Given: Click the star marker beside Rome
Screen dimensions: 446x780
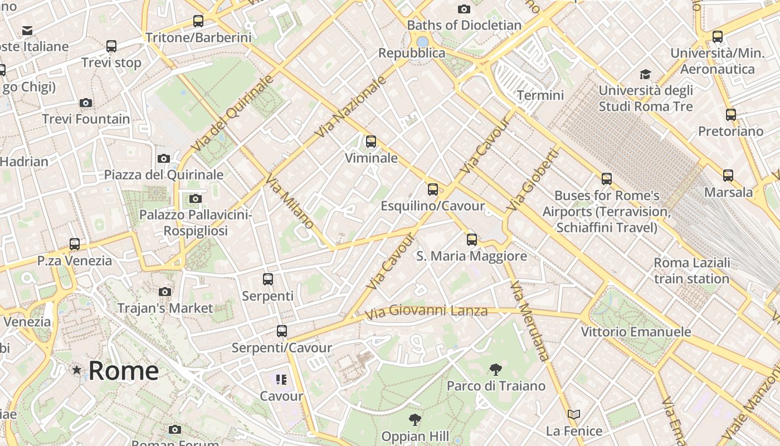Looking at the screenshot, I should [x=77, y=370].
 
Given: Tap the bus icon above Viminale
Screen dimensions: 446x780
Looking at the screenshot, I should [x=371, y=142].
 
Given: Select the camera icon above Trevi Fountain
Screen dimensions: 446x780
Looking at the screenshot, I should [x=85, y=103].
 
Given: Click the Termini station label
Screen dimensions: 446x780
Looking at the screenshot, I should [x=540, y=95].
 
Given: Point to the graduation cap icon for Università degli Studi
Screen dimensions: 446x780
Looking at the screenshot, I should [x=645, y=74].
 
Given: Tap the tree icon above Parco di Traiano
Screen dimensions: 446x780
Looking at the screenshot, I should [x=495, y=369].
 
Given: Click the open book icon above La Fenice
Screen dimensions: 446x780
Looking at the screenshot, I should [x=574, y=414].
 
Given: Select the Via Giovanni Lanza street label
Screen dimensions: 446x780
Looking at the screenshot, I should [x=426, y=311].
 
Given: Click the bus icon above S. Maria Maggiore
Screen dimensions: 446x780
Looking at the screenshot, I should [x=472, y=240].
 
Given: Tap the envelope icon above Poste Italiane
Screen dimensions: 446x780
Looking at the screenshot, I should [x=27, y=30].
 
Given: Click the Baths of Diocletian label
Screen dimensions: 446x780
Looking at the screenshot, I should [x=464, y=25].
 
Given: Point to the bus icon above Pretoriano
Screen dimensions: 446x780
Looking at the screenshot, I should [x=731, y=115].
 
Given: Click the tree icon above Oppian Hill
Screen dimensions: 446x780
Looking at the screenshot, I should [x=415, y=419].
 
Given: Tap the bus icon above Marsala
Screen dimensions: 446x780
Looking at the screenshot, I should [x=728, y=176].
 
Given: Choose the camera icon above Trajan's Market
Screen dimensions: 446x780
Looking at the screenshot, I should [x=165, y=292].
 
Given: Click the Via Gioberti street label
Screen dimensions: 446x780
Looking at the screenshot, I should [x=532, y=180].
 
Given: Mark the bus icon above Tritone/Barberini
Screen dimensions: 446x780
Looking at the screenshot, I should [x=198, y=21].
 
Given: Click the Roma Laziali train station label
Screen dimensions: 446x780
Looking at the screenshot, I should [x=691, y=270].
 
